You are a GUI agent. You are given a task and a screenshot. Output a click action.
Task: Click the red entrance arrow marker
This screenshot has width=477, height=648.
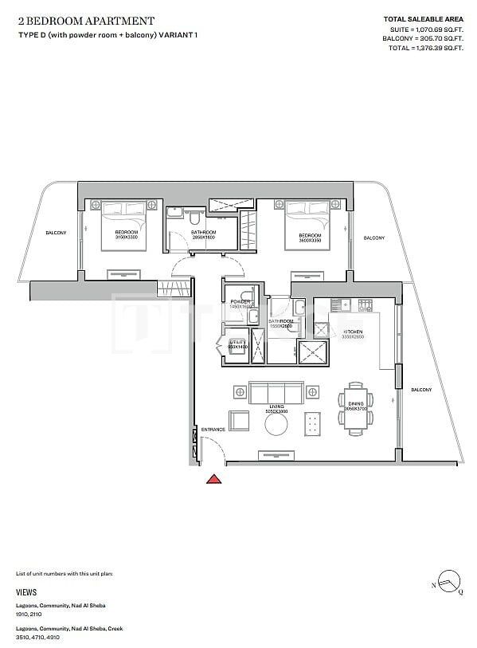click(213, 479)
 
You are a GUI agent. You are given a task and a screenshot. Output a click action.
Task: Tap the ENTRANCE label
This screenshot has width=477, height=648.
click(213, 430)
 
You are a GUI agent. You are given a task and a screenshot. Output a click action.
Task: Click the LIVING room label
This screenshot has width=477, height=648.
click(276, 406)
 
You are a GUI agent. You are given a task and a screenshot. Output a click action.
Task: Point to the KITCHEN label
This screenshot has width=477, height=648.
click(353, 331)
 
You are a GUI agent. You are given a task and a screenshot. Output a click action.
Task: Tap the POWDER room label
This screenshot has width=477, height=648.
click(239, 301)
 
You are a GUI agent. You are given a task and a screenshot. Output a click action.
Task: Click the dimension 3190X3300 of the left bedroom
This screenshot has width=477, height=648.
click(127, 238)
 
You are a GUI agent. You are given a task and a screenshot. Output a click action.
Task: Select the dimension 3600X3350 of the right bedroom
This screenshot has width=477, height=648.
click(310, 240)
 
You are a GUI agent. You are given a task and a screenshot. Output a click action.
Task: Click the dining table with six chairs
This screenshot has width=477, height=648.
click(354, 408)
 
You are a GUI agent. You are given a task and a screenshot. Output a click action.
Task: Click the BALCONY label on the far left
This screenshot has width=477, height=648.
click(55, 233)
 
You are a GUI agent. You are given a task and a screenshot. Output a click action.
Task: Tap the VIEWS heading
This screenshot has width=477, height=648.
click(25, 593)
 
